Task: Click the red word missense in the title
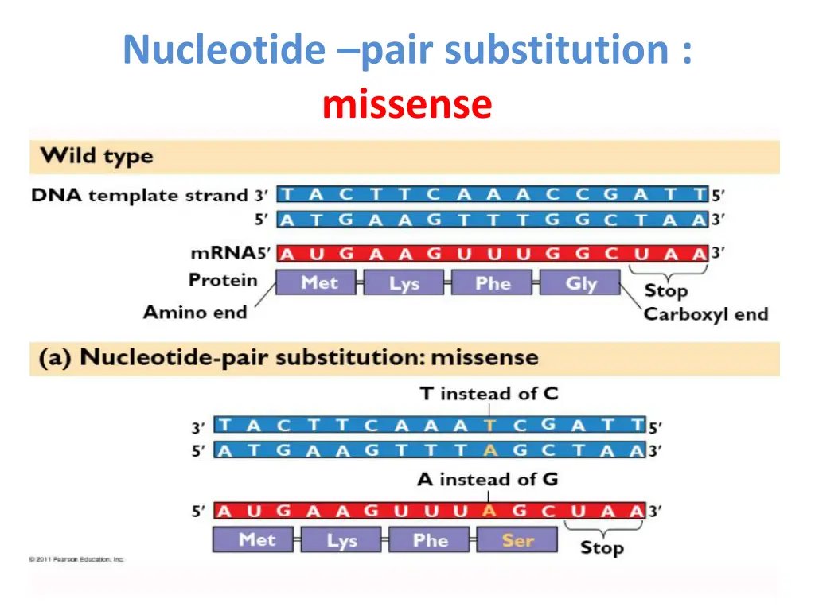pyautogui.click(x=407, y=104)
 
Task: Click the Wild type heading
pyautogui.click(x=97, y=156)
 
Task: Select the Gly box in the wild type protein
pyautogui.click(x=580, y=283)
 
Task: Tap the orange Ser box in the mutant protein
pyautogui.click(x=517, y=540)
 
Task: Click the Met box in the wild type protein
pyautogui.click(x=318, y=283)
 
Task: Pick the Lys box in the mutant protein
pyautogui.click(x=341, y=540)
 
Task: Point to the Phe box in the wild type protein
pyautogui.click(x=493, y=283)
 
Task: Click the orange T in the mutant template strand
pyautogui.click(x=489, y=425)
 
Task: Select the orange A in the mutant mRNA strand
pyautogui.click(x=489, y=511)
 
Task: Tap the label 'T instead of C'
pyautogui.click(x=489, y=393)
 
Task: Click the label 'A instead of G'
pyautogui.click(x=487, y=479)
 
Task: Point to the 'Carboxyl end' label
pyautogui.click(x=706, y=313)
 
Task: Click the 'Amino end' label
pyautogui.click(x=195, y=312)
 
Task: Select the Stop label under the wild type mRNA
pyautogui.click(x=665, y=290)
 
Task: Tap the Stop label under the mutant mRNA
pyautogui.click(x=602, y=547)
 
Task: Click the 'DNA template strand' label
pyautogui.click(x=139, y=195)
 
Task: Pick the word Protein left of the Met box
pyautogui.click(x=223, y=280)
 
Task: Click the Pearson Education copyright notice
pyautogui.click(x=77, y=559)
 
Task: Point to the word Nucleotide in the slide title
pyautogui.click(x=224, y=50)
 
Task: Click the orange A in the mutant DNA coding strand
pyautogui.click(x=489, y=450)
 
